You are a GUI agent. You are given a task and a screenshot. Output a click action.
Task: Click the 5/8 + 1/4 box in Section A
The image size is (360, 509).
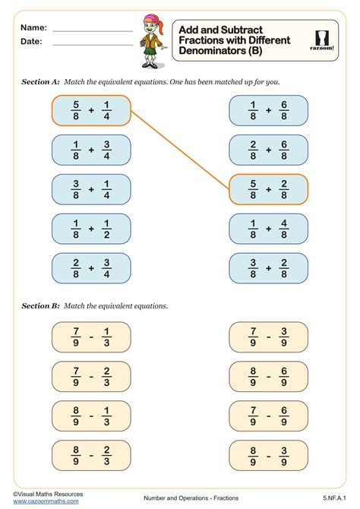[x=91, y=111]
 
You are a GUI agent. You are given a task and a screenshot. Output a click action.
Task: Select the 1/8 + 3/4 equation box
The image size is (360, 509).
[x=91, y=150]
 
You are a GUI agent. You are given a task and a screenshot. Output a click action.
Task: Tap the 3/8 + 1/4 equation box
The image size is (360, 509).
[x=91, y=189]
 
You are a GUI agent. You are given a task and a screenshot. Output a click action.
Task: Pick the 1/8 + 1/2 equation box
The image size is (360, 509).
[x=91, y=229]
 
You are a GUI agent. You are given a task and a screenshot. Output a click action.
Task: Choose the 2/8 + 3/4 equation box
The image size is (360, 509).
[x=91, y=268]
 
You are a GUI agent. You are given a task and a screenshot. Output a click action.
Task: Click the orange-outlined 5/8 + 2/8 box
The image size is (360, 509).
[x=268, y=189]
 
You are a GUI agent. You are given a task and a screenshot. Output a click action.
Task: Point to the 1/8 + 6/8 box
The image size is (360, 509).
[x=268, y=111]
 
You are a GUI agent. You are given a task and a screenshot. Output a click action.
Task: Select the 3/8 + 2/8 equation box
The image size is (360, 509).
[x=268, y=268]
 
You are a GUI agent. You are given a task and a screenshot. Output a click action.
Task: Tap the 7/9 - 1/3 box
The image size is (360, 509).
[x=91, y=337]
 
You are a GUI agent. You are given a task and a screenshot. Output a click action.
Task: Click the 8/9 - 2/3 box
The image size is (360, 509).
[x=91, y=455]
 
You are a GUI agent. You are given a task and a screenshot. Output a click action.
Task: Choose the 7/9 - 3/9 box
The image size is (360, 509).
[x=268, y=337]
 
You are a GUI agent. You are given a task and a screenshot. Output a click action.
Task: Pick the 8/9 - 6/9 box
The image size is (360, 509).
[x=268, y=377]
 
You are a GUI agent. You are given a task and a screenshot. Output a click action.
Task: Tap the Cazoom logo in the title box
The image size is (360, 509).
[x=326, y=40]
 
